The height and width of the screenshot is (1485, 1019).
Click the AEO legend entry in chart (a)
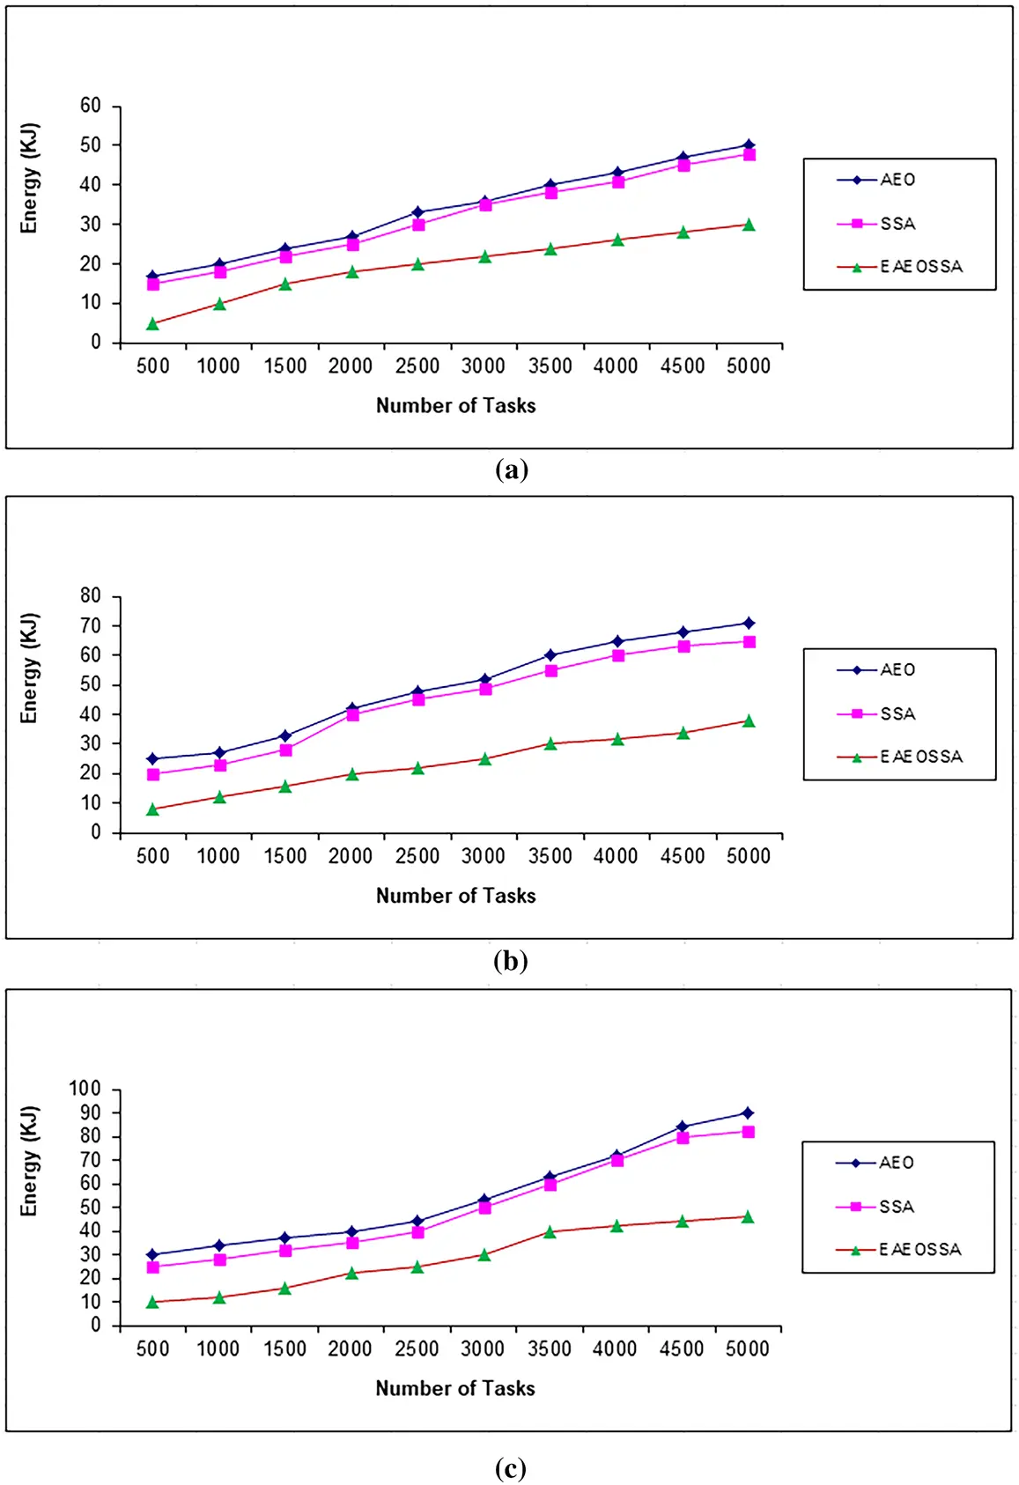(875, 180)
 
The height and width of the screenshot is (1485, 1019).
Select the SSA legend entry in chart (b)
(875, 713)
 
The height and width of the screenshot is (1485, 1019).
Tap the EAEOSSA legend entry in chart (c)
(898, 1250)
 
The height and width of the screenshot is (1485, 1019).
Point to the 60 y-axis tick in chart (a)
(91, 106)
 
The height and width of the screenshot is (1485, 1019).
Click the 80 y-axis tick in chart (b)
(91, 596)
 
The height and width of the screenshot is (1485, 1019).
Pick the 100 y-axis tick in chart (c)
(85, 1089)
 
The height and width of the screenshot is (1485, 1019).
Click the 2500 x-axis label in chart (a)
(417, 366)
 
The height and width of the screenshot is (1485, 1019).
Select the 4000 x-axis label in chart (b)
(616, 856)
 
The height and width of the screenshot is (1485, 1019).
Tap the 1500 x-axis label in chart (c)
(285, 1349)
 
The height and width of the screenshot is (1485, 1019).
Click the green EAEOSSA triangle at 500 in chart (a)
(152, 323)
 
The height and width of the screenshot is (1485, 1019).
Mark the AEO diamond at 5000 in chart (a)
(749, 145)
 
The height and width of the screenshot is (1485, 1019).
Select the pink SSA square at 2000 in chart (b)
(352, 714)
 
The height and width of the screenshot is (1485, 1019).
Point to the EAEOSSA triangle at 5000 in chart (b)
(749, 720)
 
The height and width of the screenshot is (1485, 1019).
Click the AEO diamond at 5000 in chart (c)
(747, 1113)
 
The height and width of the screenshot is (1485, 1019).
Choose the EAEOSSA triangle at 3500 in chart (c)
(550, 1231)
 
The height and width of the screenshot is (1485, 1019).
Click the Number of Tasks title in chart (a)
(455, 406)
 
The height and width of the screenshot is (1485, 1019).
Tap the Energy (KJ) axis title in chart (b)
(29, 669)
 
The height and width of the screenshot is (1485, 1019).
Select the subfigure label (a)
(511, 470)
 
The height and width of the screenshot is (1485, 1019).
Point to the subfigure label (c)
(511, 1468)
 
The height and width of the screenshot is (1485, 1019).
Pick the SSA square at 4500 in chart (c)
(683, 1138)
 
